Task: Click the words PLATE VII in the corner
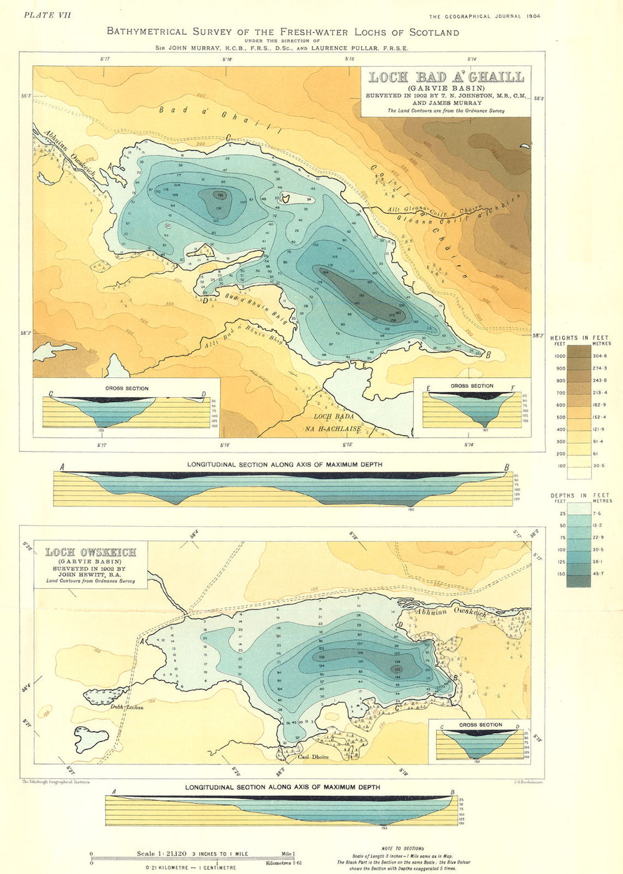click(47, 16)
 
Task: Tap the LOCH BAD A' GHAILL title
click(446, 77)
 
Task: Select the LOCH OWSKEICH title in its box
click(91, 552)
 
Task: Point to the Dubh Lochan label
click(127, 707)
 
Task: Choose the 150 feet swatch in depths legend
click(579, 574)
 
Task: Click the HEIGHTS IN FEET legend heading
click(579, 338)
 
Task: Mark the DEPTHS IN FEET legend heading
click(579, 496)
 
